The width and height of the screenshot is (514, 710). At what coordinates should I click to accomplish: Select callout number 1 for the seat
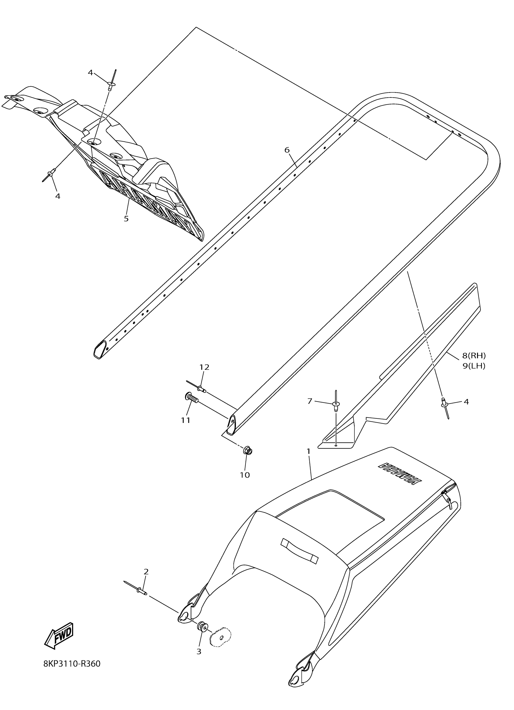[308, 451]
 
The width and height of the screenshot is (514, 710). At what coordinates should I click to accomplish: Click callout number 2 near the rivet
[146, 572]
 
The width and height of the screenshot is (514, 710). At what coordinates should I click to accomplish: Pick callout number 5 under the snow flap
[126, 218]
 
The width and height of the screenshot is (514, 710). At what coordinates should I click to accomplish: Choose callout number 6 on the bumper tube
[287, 150]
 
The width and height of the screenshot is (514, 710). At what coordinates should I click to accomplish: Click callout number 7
[310, 401]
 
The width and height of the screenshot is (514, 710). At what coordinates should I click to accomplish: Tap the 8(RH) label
[474, 355]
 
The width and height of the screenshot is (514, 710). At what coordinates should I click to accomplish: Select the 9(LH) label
[474, 366]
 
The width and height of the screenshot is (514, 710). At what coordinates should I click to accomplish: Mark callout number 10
[245, 475]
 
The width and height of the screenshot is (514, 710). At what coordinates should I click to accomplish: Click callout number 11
[186, 420]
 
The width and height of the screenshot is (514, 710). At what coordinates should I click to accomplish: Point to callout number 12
[204, 367]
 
